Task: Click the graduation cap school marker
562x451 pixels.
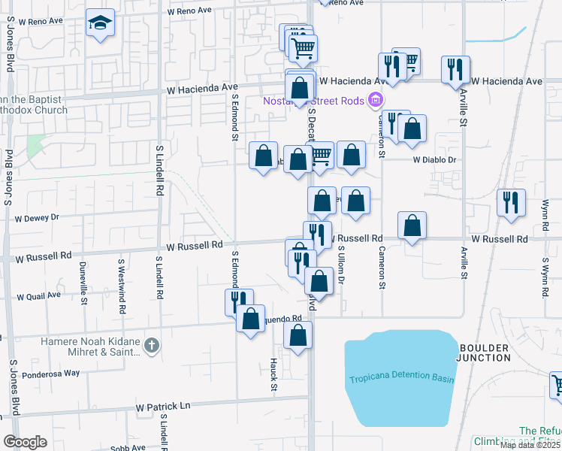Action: (x=99, y=24)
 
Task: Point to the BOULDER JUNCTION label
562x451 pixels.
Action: (x=483, y=353)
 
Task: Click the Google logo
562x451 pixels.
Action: (x=25, y=442)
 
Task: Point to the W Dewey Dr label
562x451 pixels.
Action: (x=36, y=218)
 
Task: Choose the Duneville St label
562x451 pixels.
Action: (x=83, y=280)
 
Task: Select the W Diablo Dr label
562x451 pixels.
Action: (x=434, y=160)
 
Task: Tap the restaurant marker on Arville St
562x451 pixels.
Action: (x=455, y=70)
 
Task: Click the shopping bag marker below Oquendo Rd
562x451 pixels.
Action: (x=298, y=336)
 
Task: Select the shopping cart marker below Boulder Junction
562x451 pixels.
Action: (x=557, y=385)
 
